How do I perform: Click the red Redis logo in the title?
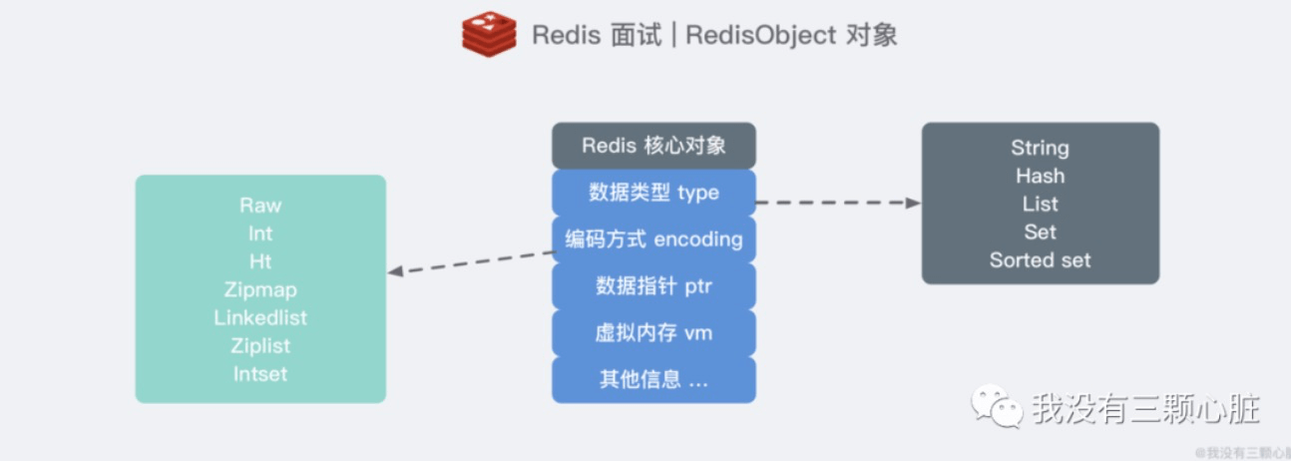489,34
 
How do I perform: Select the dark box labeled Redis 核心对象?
653,146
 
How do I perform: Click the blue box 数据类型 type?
653,193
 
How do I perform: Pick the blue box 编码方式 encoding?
653,239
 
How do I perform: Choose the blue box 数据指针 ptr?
653,286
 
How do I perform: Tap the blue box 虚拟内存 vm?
653,333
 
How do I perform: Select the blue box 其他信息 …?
653,380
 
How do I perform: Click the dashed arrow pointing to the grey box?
838,203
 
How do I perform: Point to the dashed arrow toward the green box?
469,261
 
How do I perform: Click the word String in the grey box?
1040,148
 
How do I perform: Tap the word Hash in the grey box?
1040,176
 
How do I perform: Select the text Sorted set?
1040,260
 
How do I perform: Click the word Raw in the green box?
260,206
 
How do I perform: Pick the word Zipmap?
260,290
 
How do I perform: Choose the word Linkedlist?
260,318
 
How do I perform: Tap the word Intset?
260,374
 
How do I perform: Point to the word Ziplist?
260,346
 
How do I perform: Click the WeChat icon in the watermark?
997,408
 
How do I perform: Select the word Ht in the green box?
260,261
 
